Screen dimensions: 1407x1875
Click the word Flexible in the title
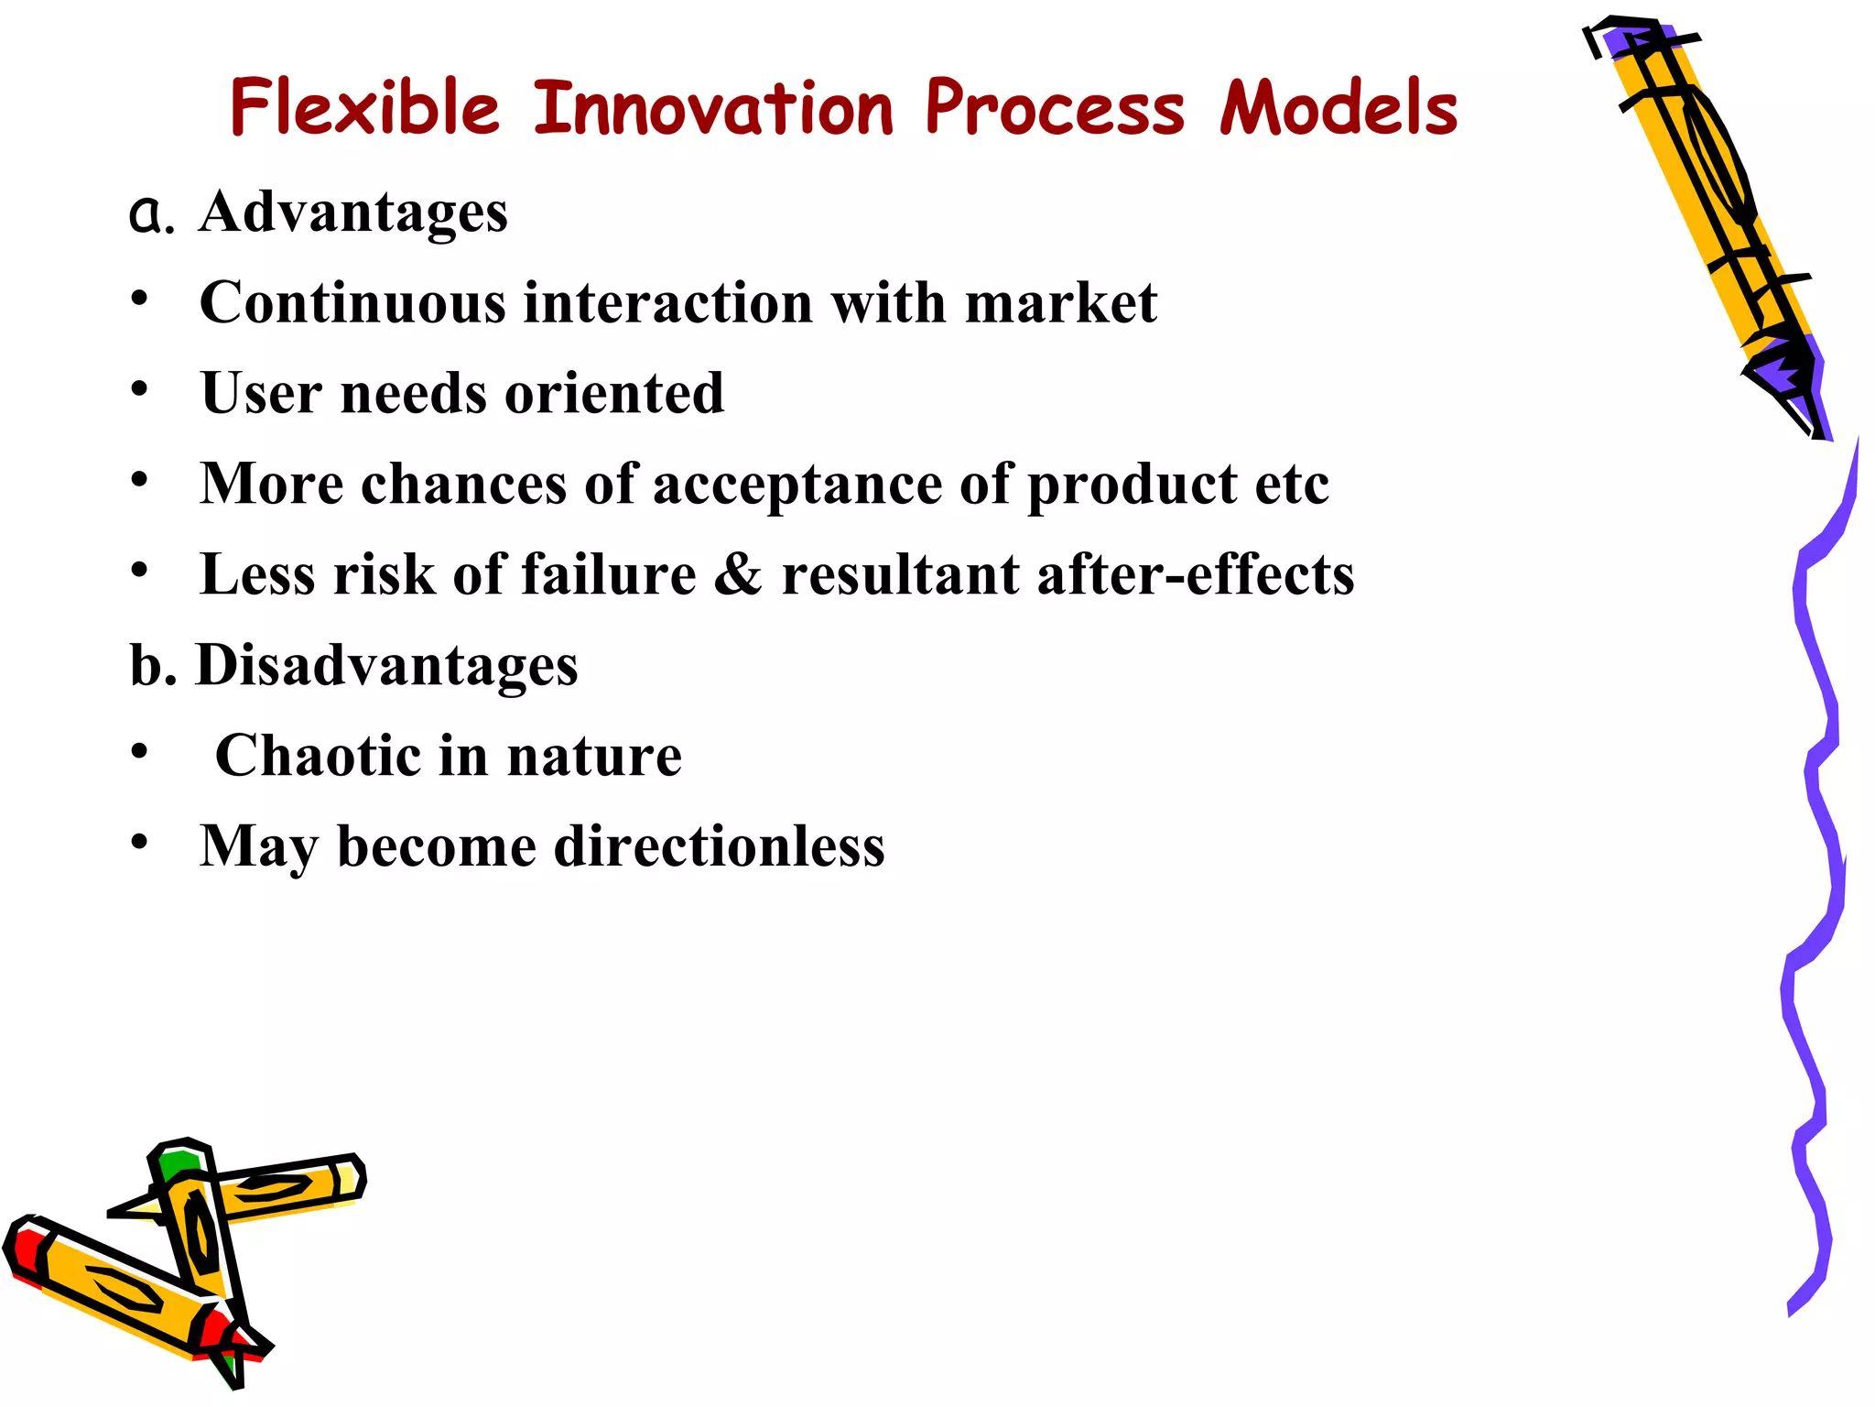pos(364,108)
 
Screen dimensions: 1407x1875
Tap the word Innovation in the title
pos(713,108)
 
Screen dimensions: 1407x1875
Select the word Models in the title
pos(1338,108)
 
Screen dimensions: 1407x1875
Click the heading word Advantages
pos(352,213)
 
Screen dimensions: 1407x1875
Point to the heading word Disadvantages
pos(387,665)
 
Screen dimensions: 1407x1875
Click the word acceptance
pos(797,484)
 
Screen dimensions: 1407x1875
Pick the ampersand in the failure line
pos(738,574)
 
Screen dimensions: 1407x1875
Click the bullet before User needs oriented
pos(139,389)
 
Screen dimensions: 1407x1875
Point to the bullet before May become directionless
pos(139,842)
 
